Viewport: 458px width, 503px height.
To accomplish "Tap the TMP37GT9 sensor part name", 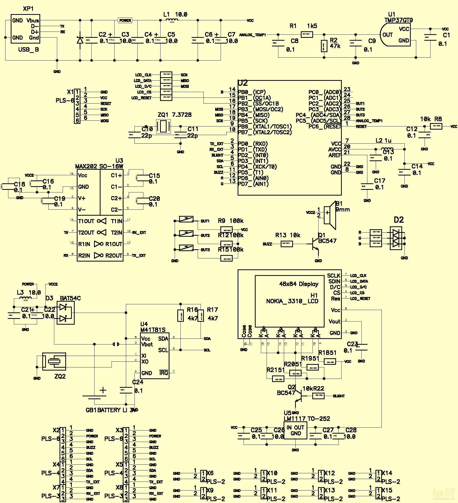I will [398, 20].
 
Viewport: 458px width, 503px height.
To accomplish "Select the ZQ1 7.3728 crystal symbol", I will [163, 126].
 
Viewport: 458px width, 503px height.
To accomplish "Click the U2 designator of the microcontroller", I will [243, 83].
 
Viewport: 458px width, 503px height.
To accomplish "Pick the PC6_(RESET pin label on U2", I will [325, 127].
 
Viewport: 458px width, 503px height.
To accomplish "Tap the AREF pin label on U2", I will [335, 155].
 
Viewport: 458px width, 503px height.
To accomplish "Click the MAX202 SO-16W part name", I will [99, 166].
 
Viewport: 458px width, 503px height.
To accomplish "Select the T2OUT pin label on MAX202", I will [86, 233].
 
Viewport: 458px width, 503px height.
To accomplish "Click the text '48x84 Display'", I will [299, 284].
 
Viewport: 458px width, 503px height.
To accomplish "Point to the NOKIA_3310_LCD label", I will [292, 301].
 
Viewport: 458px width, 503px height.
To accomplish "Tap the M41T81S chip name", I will [153, 330].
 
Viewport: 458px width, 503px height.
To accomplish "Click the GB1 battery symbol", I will [95, 397].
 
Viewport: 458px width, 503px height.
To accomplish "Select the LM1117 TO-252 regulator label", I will [307, 419].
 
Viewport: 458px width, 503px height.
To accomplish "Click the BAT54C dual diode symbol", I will [65, 313].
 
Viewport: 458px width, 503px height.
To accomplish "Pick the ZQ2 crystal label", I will [60, 376].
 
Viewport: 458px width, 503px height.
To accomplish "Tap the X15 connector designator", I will [387, 490].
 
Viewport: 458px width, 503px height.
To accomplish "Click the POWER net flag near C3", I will [125, 20].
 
